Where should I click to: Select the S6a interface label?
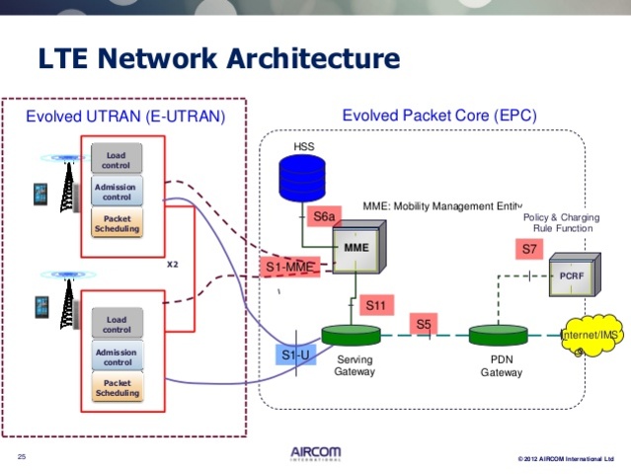coord(323,216)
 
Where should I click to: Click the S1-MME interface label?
coord(291,267)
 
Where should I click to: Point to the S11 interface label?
coord(375,305)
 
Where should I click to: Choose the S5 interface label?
coord(424,323)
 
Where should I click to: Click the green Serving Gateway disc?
coord(352,336)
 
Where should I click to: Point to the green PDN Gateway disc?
coord(499,336)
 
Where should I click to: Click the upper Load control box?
coord(117,158)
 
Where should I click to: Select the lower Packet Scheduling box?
coord(118,387)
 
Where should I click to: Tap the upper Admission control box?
coord(117,191)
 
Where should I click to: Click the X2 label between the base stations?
coord(171,264)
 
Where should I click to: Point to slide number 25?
coord(22,455)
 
